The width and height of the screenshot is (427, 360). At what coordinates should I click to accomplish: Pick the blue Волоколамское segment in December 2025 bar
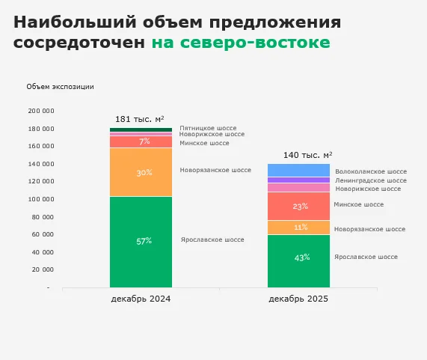pyautogui.click(x=298, y=170)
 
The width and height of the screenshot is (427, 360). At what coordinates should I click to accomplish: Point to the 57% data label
pyautogui.click(x=144, y=241)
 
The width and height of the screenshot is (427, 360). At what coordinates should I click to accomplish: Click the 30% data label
pyautogui.click(x=144, y=173)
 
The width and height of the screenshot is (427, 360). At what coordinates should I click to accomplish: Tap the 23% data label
pyautogui.click(x=301, y=207)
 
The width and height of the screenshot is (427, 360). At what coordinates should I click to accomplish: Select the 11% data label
pyautogui.click(x=301, y=228)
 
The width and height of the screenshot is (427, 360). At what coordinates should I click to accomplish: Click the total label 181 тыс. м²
pyautogui.click(x=140, y=119)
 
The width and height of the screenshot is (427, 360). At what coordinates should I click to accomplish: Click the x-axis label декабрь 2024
pyautogui.click(x=141, y=299)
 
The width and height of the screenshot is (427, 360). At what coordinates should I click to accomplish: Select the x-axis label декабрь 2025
pyautogui.click(x=298, y=299)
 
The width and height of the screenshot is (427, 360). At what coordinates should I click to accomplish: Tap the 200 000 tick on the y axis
pyautogui.click(x=40, y=111)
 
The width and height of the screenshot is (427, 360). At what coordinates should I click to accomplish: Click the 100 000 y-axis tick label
pyautogui.click(x=40, y=199)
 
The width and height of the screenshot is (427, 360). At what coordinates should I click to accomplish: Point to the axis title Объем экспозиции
pyautogui.click(x=60, y=87)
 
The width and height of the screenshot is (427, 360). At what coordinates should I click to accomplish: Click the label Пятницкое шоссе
pyautogui.click(x=208, y=128)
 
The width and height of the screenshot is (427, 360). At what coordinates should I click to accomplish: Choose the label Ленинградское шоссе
pyautogui.click(x=371, y=180)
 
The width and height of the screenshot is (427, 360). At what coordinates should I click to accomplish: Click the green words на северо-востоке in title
pyautogui.click(x=240, y=43)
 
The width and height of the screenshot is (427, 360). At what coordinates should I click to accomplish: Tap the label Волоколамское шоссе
pyautogui.click(x=371, y=171)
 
